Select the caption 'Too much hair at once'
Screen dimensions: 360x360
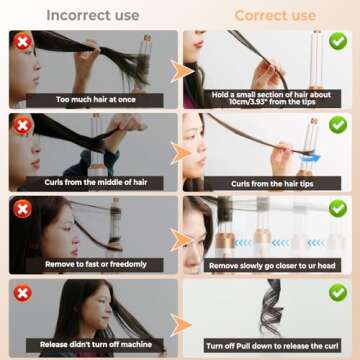click(x=93, y=100)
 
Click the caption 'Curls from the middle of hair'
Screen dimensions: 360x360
click(x=93, y=183)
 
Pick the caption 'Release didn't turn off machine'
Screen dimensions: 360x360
click(x=93, y=345)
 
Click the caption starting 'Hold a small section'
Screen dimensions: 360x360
click(x=270, y=96)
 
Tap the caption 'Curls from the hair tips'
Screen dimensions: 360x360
click(x=270, y=183)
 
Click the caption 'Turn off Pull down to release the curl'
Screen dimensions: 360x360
click(x=270, y=345)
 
